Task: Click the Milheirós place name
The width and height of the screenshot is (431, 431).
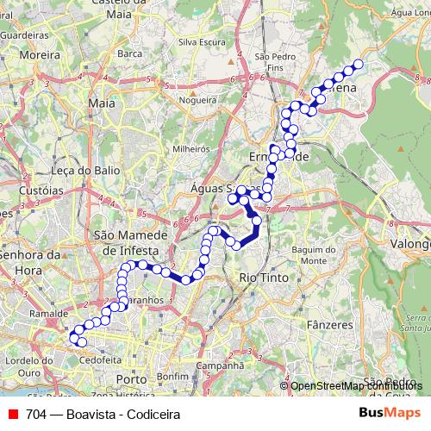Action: coord(191,148)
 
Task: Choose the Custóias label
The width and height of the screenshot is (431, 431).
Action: coord(37,190)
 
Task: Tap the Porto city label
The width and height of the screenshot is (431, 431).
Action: coord(131,378)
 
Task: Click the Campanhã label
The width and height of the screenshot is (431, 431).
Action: coord(215,365)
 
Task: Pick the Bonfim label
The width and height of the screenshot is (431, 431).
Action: coord(172,377)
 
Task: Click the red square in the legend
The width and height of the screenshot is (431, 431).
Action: coord(12,414)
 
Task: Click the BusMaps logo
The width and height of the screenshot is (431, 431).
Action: coord(390,413)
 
